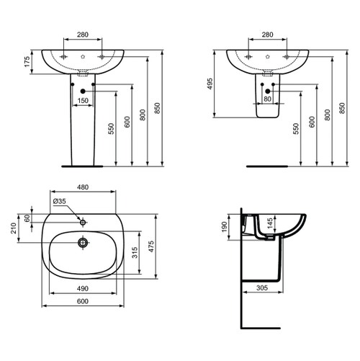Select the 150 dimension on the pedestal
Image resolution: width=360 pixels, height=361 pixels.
(83, 100)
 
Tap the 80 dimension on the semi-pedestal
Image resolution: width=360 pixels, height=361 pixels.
(267, 100)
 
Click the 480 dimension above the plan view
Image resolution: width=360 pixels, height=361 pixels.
(83, 187)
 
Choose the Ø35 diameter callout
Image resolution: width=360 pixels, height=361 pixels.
(60, 202)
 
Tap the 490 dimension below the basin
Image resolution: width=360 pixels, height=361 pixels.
(83, 288)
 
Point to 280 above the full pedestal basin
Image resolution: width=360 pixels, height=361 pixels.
(83, 33)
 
